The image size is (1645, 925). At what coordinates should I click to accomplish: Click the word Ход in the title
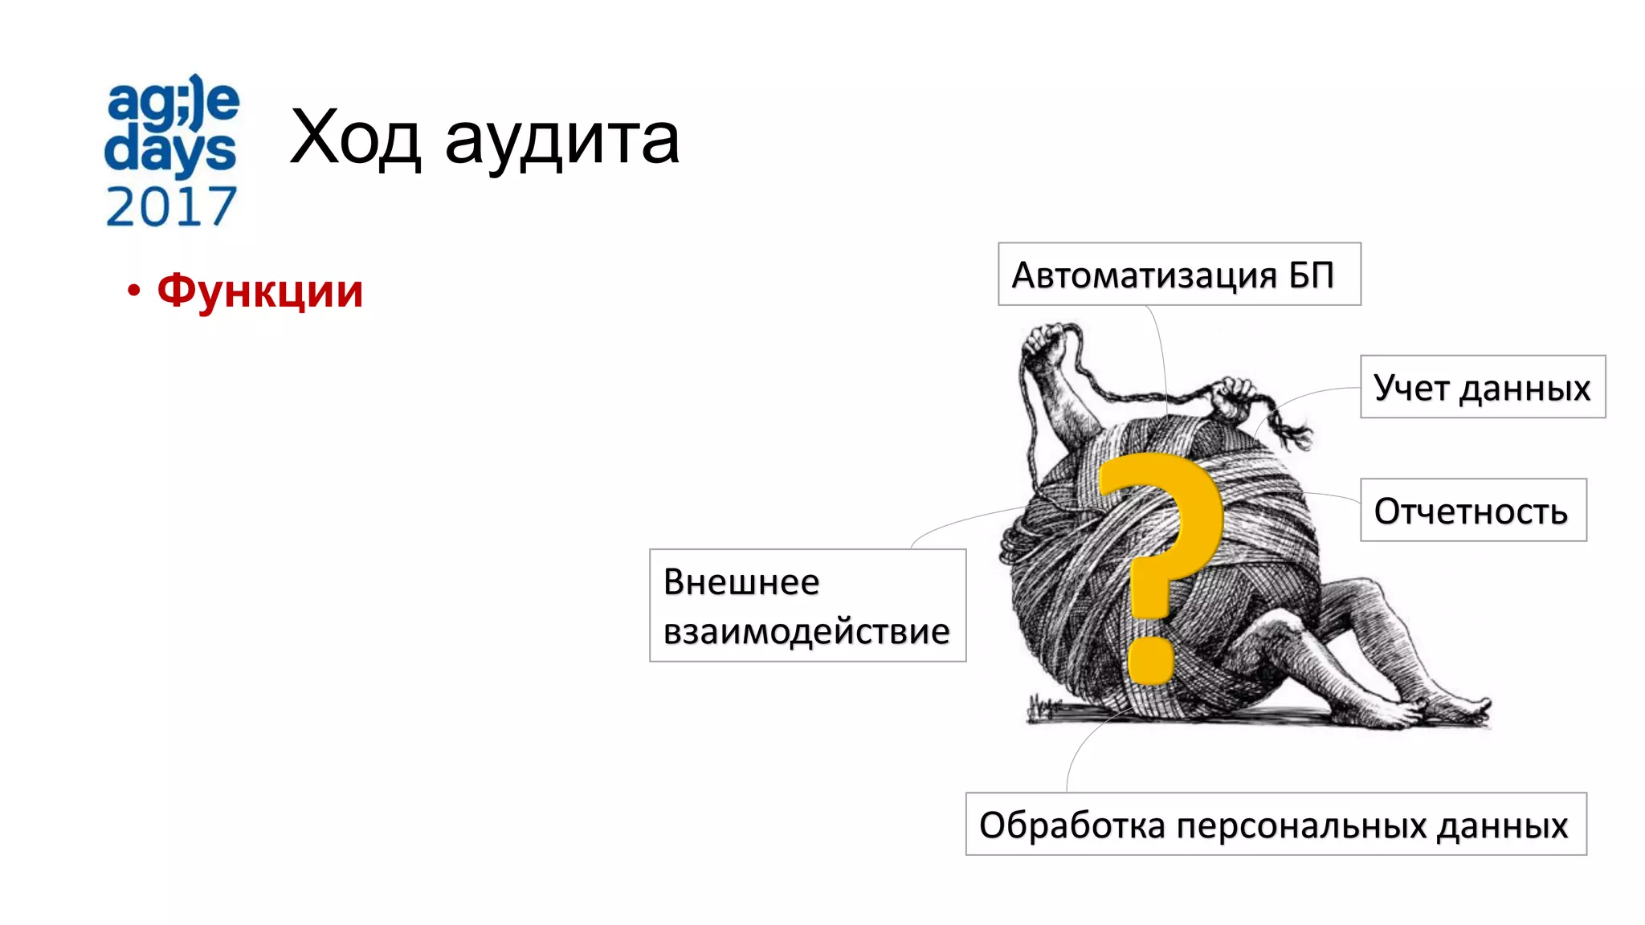[x=355, y=138]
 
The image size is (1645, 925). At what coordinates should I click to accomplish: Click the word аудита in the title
[x=562, y=140]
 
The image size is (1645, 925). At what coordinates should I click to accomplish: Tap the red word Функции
[x=259, y=291]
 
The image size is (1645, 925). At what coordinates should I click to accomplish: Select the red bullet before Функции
[x=133, y=291]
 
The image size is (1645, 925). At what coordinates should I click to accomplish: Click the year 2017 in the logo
[x=171, y=207]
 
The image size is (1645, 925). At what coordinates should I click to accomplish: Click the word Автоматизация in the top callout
[x=1144, y=275]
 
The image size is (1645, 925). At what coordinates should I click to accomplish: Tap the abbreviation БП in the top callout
[x=1311, y=275]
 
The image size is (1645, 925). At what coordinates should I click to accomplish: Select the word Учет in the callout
[x=1410, y=388]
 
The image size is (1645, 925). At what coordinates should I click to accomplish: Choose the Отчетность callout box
[x=1472, y=511]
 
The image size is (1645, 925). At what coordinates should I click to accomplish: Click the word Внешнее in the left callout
[x=741, y=582]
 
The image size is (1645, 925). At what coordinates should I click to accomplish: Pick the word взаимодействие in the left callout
[x=806, y=631]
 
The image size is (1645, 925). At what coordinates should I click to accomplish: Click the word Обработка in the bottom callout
[x=1071, y=825]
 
